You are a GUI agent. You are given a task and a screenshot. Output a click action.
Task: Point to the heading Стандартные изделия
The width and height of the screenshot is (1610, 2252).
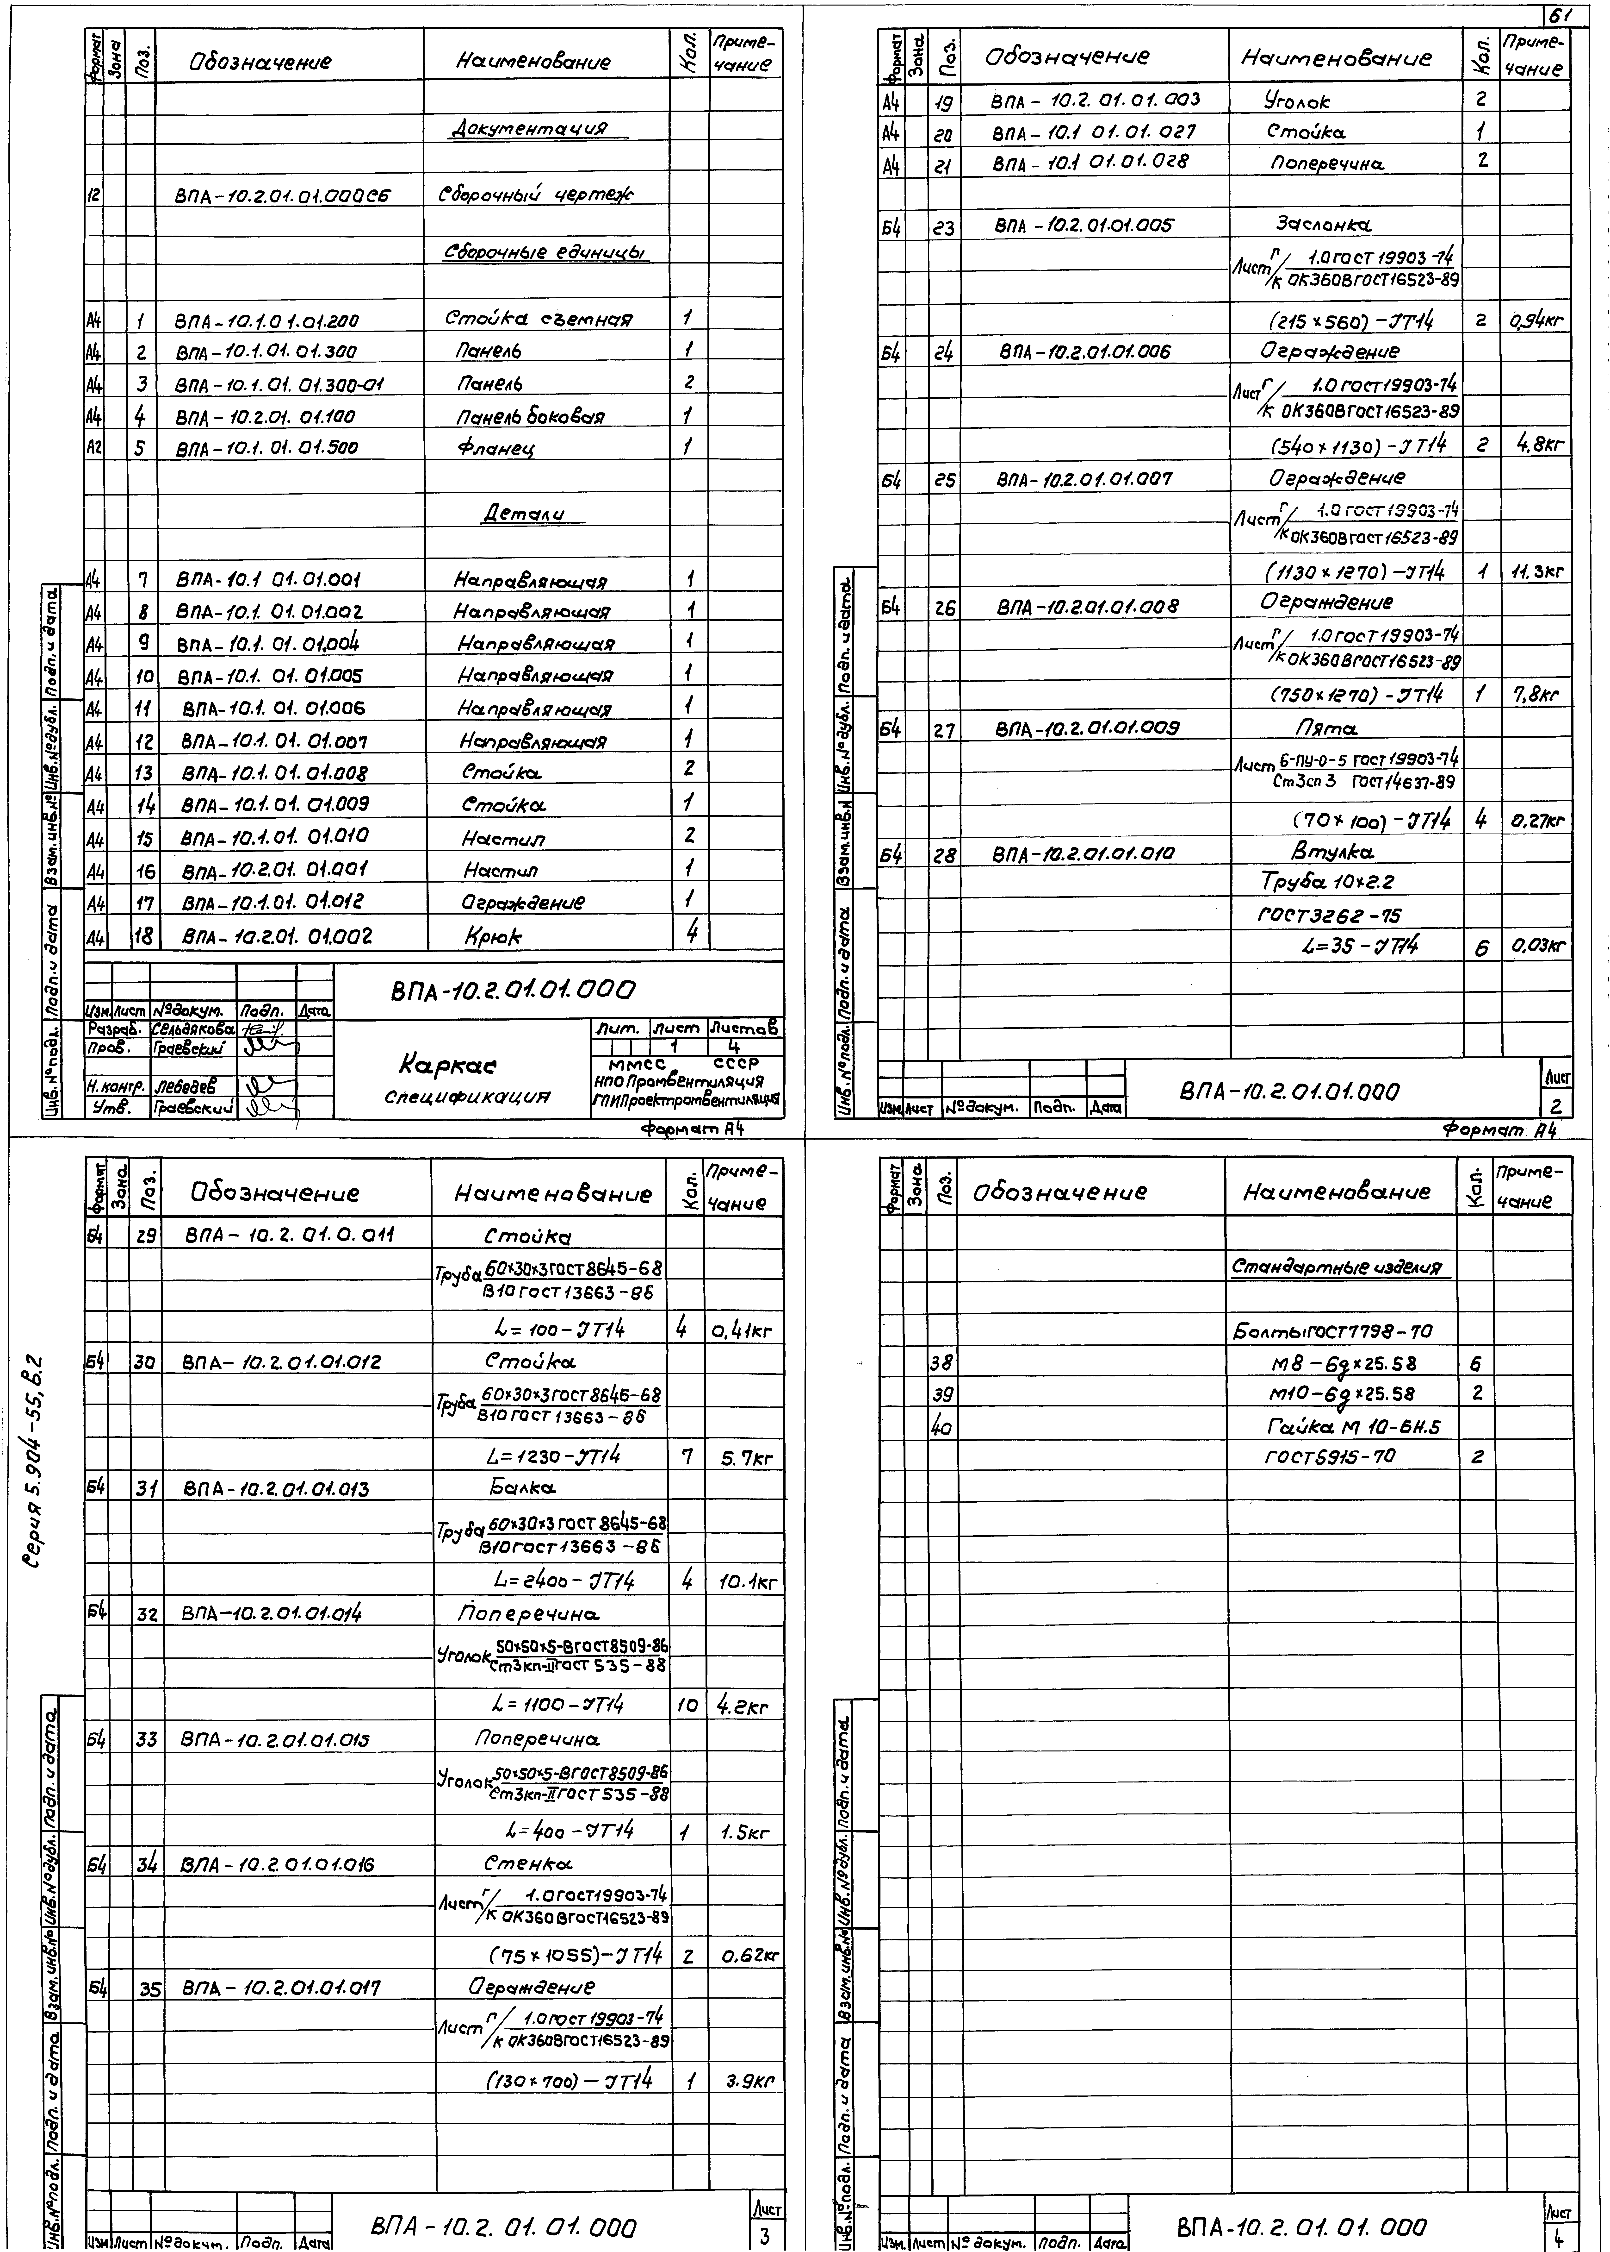pos(1340,1267)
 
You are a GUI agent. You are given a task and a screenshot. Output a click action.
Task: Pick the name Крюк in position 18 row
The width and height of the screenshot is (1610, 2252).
pos(493,935)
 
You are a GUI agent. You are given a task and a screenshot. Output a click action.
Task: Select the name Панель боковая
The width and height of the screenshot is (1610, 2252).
pos(530,416)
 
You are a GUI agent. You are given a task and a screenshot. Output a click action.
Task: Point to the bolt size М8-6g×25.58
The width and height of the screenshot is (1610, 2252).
pos(1343,1363)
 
